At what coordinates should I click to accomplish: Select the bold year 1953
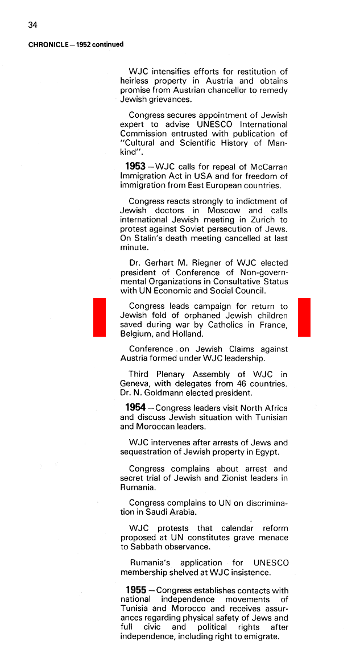(x=135, y=166)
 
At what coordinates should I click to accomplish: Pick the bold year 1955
(x=135, y=590)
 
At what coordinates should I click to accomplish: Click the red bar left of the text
(x=100, y=317)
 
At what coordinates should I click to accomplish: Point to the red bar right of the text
(x=304, y=317)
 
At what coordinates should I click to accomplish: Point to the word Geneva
(x=135, y=384)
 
